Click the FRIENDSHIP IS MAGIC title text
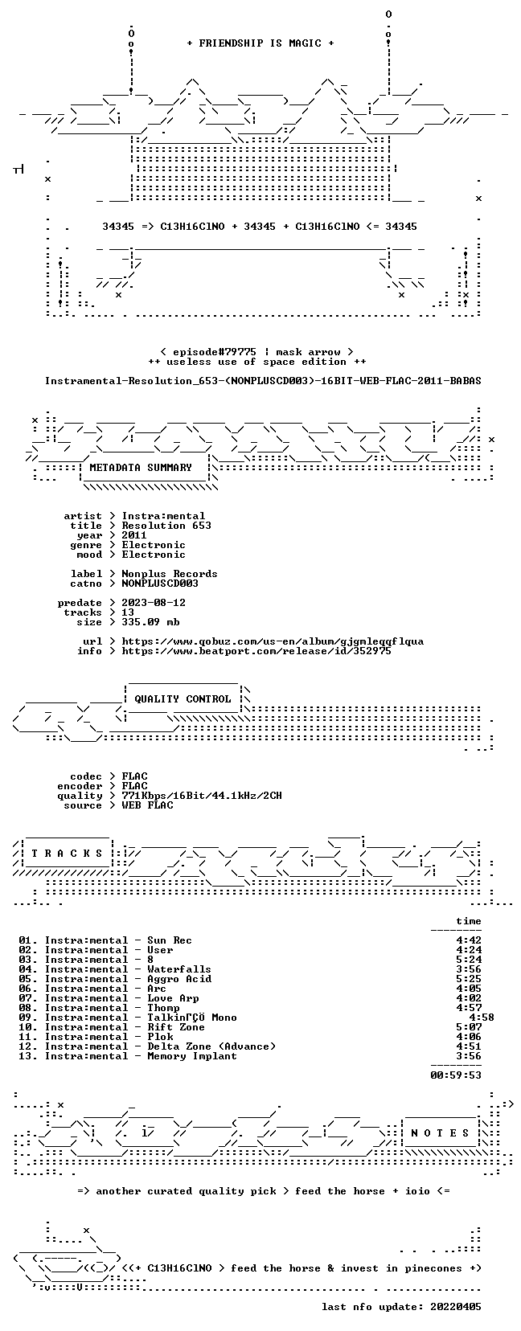(260, 43)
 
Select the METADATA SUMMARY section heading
(141, 468)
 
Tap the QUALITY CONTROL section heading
(183, 699)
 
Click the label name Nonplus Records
(170, 574)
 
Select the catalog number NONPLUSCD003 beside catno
(160, 584)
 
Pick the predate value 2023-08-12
(154, 603)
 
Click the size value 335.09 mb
(150, 622)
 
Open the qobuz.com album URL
(273, 641)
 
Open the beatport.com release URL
(256, 651)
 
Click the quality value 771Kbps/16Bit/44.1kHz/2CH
(201, 796)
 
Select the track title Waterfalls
(178, 969)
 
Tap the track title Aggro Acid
(178, 979)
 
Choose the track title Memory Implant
(192, 1056)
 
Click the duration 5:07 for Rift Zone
(469, 1026)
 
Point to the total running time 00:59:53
(456, 1075)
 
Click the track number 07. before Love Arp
(28, 998)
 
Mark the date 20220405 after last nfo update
(456, 1307)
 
